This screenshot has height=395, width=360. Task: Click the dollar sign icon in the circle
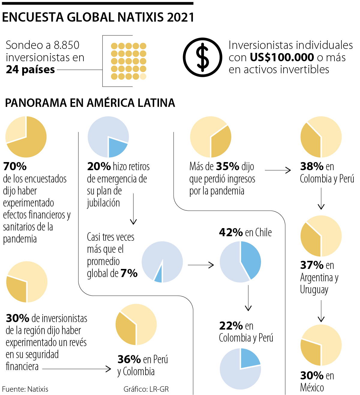[202, 57]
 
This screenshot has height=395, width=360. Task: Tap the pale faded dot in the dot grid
[143, 77]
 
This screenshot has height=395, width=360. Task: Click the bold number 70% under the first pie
[15, 166]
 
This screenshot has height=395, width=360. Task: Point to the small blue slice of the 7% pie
[159, 276]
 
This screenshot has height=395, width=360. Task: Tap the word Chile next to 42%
[263, 233]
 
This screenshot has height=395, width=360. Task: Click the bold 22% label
[231, 326]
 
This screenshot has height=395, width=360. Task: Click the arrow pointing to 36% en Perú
[77, 369]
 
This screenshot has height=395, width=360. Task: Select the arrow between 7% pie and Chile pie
[201, 265]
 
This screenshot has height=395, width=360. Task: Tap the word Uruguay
[314, 290]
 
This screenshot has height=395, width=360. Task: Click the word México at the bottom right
[312, 388]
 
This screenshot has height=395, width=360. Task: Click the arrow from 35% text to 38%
[278, 170]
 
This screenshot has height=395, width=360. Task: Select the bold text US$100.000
[282, 57]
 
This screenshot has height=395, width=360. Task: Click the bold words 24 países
[30, 70]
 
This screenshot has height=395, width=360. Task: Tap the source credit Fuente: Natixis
[25, 389]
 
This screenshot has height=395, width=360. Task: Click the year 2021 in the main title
[181, 17]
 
